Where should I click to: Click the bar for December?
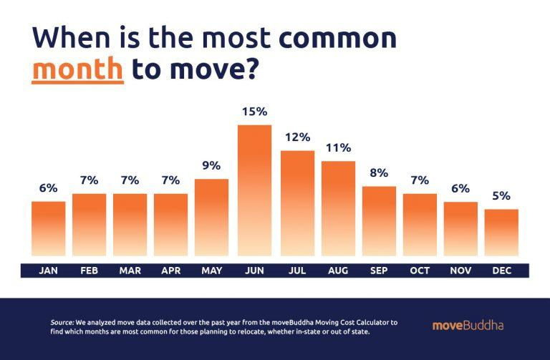pyautogui.click(x=501, y=232)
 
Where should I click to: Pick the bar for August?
pyautogui.click(x=338, y=208)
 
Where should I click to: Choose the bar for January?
pyautogui.click(x=49, y=228)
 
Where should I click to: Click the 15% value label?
pyautogui.click(x=254, y=112)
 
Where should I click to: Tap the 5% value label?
pyautogui.click(x=501, y=195)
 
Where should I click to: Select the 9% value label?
pyautogui.click(x=211, y=165)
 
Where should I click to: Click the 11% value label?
pyautogui.click(x=338, y=148)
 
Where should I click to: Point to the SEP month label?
pyautogui.click(x=379, y=271)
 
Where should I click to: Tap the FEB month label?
pyautogui.click(x=90, y=271)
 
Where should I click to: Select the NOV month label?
pyautogui.click(x=460, y=271)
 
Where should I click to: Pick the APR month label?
pyautogui.click(x=171, y=271)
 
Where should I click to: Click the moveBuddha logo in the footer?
pyautogui.click(x=468, y=326)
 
